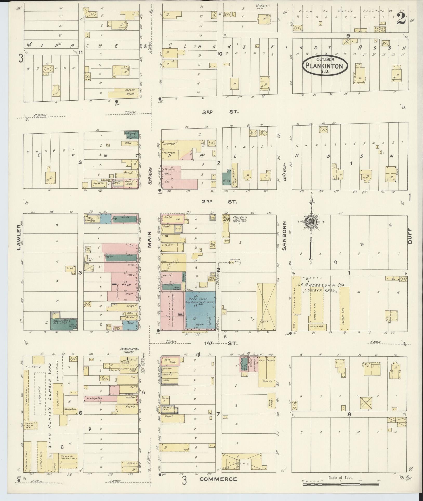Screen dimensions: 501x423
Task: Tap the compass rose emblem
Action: point(310,222)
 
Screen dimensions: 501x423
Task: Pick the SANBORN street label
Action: point(284,236)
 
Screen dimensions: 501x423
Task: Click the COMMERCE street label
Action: point(218,479)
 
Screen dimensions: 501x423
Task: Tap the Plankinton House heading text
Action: point(129,350)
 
